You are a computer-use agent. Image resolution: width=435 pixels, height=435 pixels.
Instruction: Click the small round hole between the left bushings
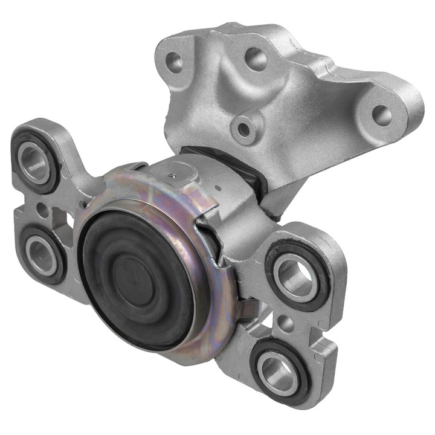[40, 208]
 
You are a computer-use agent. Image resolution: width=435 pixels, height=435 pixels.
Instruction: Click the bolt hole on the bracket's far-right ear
[381, 113]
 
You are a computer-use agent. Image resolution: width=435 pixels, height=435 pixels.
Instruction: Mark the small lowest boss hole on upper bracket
[244, 128]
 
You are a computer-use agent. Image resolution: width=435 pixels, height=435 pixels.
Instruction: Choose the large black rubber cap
[137, 275]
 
